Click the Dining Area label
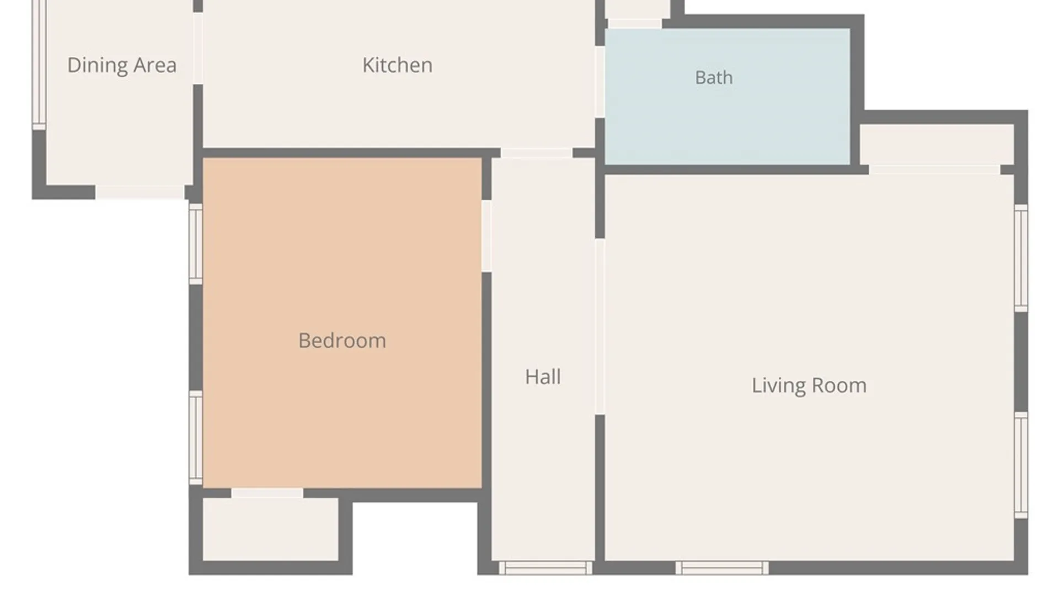pos(122,66)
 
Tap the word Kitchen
pos(397,65)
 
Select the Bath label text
pos(714,78)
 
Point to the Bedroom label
pos(342,341)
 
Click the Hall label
pos(543,377)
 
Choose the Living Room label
pos(809,386)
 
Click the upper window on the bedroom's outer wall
pos(196,244)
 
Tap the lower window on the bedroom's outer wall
pos(196,438)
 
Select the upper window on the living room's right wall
pos(1021,258)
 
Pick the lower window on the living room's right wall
pos(1021,465)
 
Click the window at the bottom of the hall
pos(545,568)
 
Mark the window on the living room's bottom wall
pos(722,568)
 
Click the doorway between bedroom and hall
pos(486,236)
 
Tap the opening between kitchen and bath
pos(600,82)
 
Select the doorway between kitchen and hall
pos(536,153)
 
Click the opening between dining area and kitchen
pos(198,49)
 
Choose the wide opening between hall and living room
pos(600,327)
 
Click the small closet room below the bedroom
pos(271,529)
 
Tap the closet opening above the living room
pos(934,169)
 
